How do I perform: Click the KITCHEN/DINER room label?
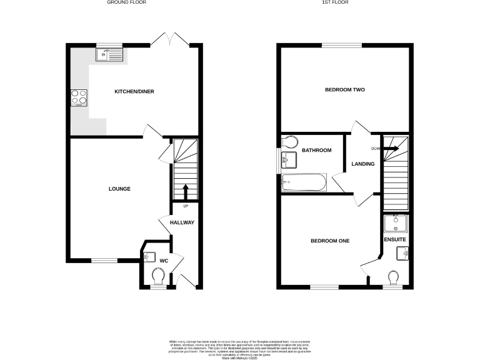tap(134, 92)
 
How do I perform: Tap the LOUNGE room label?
tap(119, 189)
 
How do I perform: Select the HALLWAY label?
tap(182, 222)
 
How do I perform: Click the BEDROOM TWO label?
tap(344, 90)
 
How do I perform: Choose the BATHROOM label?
tap(316, 151)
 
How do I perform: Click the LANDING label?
tap(363, 164)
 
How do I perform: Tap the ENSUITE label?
tap(395, 239)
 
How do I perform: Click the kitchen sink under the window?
tap(110, 55)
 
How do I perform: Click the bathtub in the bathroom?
tap(303, 182)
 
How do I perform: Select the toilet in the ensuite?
tap(394, 277)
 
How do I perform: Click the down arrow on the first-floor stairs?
tap(391, 148)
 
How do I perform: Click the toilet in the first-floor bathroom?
tap(289, 141)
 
